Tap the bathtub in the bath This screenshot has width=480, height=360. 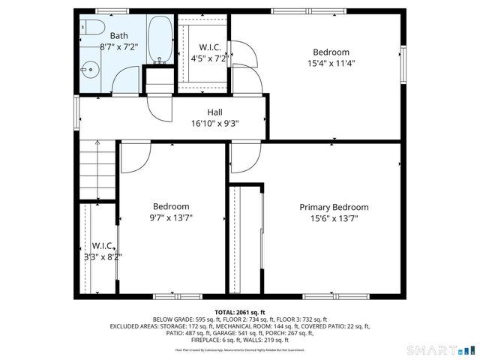159,39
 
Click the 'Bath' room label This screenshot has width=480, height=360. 118,35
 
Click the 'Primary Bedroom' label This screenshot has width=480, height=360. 334,207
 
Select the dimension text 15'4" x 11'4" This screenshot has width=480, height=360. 331,63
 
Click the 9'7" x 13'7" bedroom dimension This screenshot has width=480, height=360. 171,218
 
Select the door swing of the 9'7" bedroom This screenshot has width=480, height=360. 136,156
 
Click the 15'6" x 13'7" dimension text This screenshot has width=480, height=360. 334,218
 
